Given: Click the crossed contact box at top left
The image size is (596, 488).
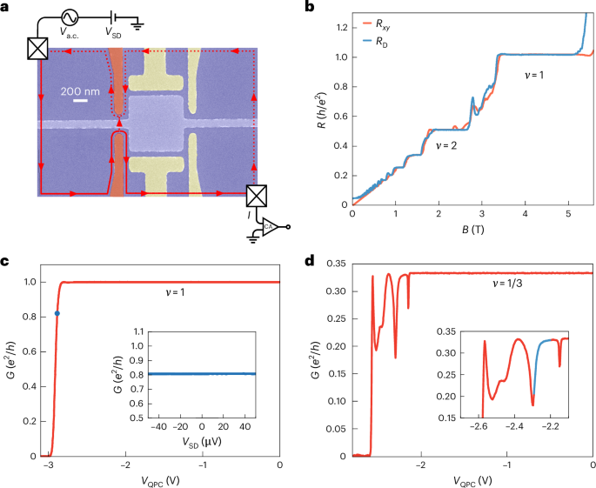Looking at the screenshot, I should (37, 48).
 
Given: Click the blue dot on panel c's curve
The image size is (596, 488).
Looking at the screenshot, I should (57, 313).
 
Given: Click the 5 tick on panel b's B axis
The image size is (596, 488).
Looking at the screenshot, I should (569, 214).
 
